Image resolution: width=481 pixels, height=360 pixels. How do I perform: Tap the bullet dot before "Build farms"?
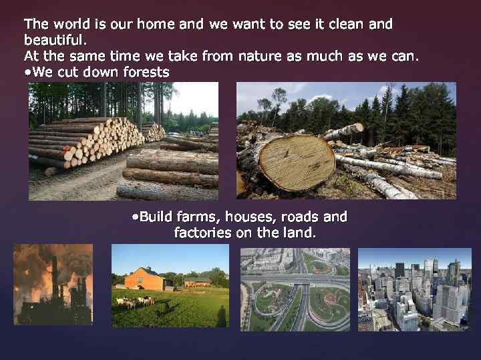[135, 217]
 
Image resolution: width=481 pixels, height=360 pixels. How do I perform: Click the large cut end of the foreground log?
[297, 161]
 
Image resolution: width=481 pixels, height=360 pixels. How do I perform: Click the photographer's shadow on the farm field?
[221, 316]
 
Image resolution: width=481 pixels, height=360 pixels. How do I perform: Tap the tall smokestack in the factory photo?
[55, 280]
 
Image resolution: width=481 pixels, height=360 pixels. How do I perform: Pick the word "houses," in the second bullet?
[251, 217]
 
